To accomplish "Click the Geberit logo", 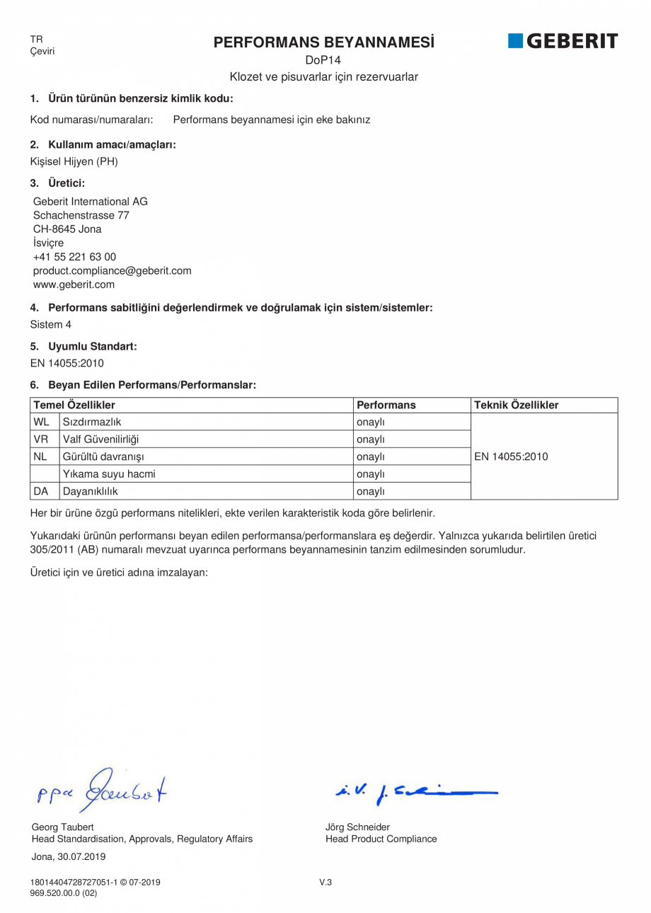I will pyautogui.click(x=563, y=41).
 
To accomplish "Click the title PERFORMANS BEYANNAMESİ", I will pyautogui.click(x=324, y=42).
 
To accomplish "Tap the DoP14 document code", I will pyautogui.click(x=323, y=60).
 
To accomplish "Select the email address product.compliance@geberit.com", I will pyautogui.click(x=112, y=271).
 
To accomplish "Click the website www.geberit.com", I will pyautogui.click(x=74, y=285).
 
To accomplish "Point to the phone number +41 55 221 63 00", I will pyautogui.click(x=74, y=257).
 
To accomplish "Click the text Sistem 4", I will pyautogui.click(x=50, y=324).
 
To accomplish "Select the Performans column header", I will pyautogui.click(x=386, y=406).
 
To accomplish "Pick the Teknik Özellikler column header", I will pyautogui.click(x=516, y=406).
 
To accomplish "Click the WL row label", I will pyautogui.click(x=41, y=423).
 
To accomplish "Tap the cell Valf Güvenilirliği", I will pyautogui.click(x=101, y=440).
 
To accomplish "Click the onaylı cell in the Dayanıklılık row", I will pyautogui.click(x=370, y=491).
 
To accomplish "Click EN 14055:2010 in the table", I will pyautogui.click(x=511, y=456).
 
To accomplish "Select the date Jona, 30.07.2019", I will pyautogui.click(x=69, y=856).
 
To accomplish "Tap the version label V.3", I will pyautogui.click(x=325, y=883).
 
